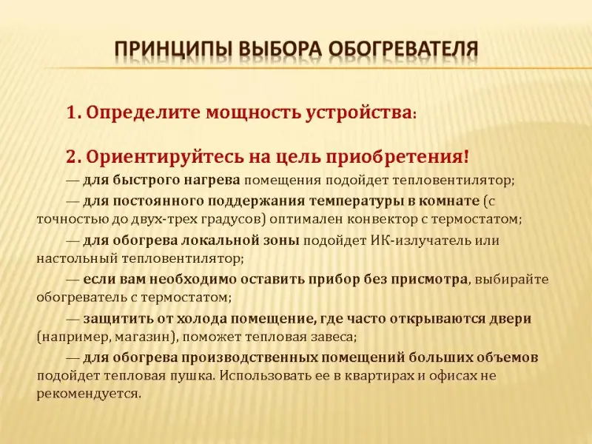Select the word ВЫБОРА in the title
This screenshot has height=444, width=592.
tap(280, 49)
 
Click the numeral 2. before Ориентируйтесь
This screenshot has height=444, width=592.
tap(75, 157)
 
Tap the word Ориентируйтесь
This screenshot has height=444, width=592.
tap(165, 157)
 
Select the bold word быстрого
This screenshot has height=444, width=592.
tap(146, 181)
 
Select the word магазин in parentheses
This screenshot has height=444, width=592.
tap(149, 337)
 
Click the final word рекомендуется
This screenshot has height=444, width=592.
tap(89, 394)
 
